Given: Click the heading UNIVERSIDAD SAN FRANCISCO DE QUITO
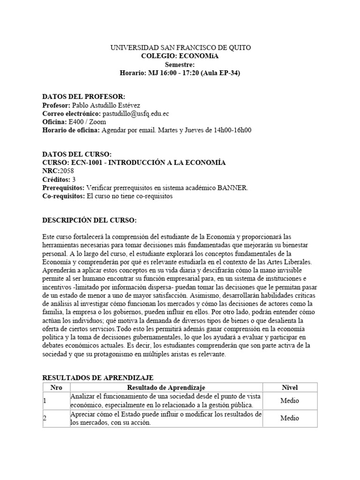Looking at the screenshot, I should click(180, 48).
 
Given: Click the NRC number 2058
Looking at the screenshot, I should click(67, 171).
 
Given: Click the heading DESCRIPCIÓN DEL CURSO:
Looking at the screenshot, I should click(90, 220).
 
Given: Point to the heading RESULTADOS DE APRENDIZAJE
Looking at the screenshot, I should click(97, 378).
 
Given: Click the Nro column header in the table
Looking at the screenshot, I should click(56, 387).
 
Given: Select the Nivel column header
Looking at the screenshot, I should click(289, 387).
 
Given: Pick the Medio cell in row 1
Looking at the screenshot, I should click(289, 401).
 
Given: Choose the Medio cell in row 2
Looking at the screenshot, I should click(289, 418).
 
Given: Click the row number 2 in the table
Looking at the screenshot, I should click(45, 419).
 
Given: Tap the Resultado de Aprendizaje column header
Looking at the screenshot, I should click(166, 387).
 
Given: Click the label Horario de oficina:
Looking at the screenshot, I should click(70, 130).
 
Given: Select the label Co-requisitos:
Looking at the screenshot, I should click(63, 196).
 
